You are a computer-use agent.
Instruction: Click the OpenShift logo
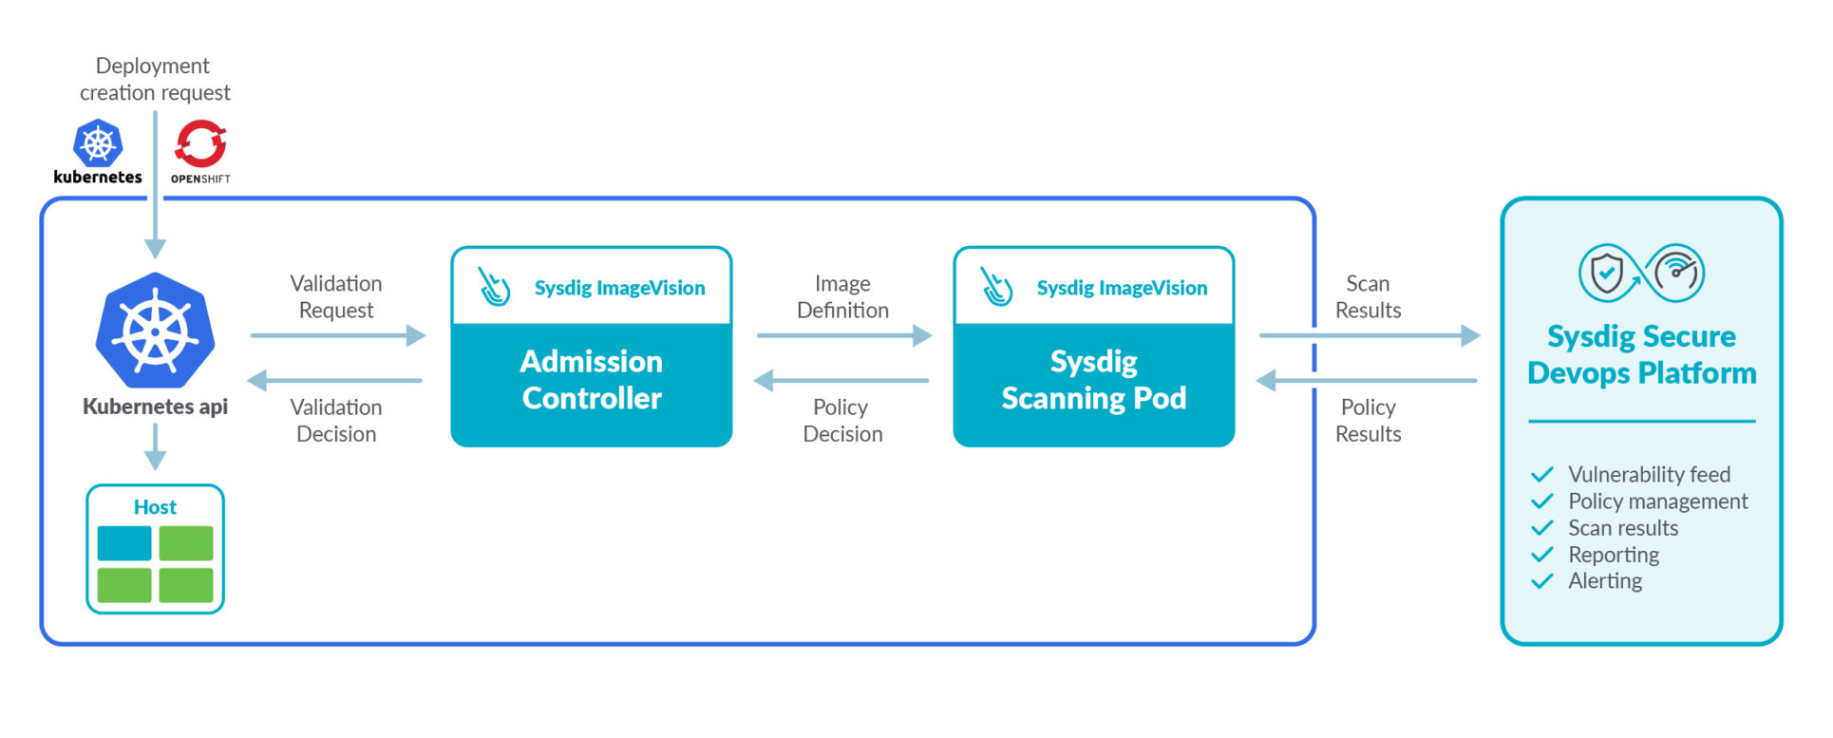pyautogui.click(x=200, y=144)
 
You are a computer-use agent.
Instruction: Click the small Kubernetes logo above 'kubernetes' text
pyautogui.click(x=98, y=143)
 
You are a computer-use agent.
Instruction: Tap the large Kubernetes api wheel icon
pyautogui.click(x=155, y=331)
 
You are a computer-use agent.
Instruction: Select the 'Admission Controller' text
pyautogui.click(x=592, y=380)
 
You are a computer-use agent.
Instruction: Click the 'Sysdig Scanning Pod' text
pyautogui.click(x=1093, y=380)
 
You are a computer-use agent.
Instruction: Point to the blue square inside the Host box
pyautogui.click(x=124, y=543)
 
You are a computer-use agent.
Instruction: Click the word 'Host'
pyautogui.click(x=155, y=507)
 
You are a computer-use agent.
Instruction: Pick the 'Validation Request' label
pyautogui.click(x=336, y=297)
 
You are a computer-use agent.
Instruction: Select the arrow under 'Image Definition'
pyautogui.click(x=843, y=335)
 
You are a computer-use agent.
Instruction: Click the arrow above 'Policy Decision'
pyautogui.click(x=841, y=381)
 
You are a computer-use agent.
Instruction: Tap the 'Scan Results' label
pyautogui.click(x=1368, y=297)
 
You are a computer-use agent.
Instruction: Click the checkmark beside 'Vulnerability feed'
pyautogui.click(x=1542, y=474)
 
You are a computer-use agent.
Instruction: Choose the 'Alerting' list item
pyautogui.click(x=1604, y=581)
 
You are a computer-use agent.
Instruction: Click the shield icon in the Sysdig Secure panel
pyautogui.click(x=1606, y=274)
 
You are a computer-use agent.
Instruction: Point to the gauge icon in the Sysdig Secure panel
pyautogui.click(x=1676, y=273)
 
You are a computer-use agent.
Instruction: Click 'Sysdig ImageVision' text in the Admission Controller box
pyautogui.click(x=619, y=288)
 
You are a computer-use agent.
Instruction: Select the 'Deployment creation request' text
pyautogui.click(x=155, y=80)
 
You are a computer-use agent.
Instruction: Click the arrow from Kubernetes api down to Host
pyautogui.click(x=155, y=446)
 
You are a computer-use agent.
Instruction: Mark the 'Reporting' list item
pyautogui.click(x=1613, y=555)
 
